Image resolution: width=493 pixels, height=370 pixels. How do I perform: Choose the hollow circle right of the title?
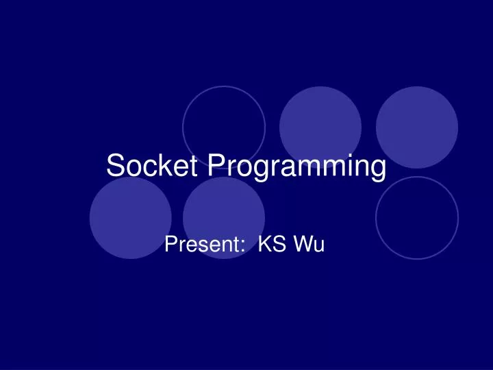[417, 217]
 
